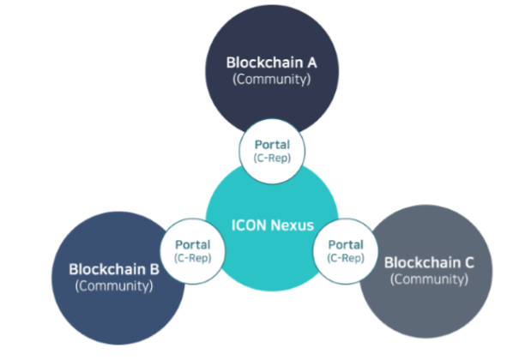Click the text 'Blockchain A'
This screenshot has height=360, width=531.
click(x=271, y=63)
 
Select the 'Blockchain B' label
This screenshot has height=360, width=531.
click(x=114, y=269)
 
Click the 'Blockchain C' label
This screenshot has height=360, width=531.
click(x=428, y=261)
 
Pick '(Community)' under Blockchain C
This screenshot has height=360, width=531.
click(x=428, y=279)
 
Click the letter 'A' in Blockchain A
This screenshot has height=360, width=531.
click(x=311, y=63)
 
